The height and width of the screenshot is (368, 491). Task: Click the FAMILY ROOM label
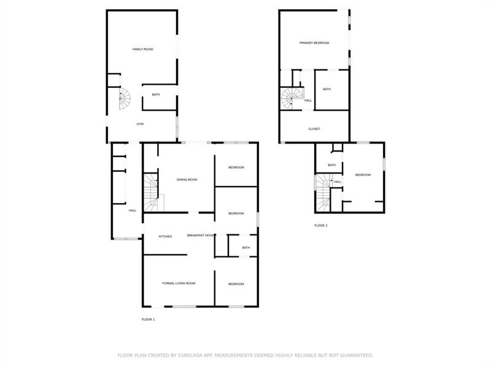coord(143,49)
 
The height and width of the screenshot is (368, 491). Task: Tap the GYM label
coord(140,124)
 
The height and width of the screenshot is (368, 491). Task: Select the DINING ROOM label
coord(187,180)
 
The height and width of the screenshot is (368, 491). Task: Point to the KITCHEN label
coord(165,237)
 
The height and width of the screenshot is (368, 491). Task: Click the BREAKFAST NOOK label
coord(201,236)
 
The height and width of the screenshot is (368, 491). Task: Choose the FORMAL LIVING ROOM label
coord(179,283)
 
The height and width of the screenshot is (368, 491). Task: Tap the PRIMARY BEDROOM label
coord(314,43)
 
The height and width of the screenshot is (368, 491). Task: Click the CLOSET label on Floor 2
coord(314,129)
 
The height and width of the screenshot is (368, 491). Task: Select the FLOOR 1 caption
coord(148,320)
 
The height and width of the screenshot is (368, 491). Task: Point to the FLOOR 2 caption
coord(320,225)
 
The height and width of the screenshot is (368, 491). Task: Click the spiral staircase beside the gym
coord(125,99)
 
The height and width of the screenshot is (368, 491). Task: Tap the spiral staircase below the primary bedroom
coord(292,98)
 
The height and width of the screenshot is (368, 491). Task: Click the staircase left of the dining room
coord(151,193)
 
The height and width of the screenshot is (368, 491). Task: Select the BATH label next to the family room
coord(156,94)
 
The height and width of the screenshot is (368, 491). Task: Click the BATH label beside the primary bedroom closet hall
coord(327,89)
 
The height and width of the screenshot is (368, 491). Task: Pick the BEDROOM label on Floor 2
coord(363,175)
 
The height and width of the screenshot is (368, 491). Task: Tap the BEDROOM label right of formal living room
coord(236,284)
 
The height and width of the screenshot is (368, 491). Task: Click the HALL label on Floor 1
coord(133,210)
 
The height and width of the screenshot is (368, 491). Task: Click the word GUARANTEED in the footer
coord(357,356)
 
